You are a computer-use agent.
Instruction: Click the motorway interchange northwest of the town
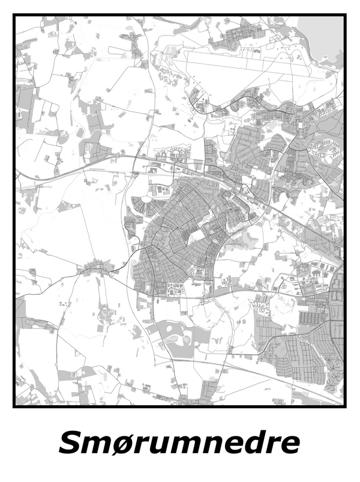135,174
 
